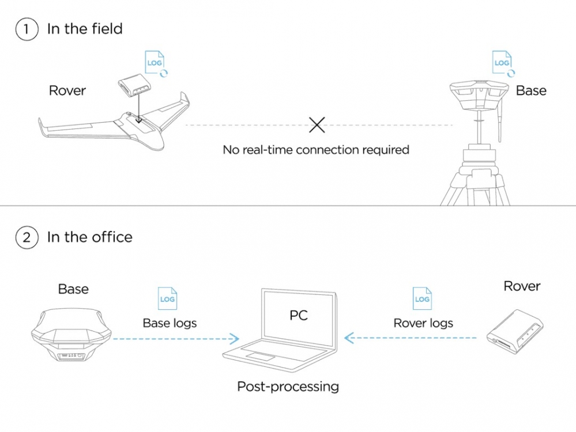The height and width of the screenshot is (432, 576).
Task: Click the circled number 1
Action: pyautogui.click(x=27, y=29)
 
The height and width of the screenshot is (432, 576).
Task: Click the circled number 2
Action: pyautogui.click(x=27, y=237)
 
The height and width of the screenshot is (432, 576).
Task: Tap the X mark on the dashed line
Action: pyautogui.click(x=317, y=124)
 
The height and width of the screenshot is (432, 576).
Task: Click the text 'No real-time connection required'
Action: pyautogui.click(x=316, y=150)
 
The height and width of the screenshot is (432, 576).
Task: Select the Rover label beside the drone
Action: pyautogui.click(x=67, y=90)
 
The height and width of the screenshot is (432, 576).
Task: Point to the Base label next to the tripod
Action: pyautogui.click(x=531, y=90)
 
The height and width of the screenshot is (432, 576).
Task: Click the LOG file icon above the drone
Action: pyautogui.click(x=155, y=63)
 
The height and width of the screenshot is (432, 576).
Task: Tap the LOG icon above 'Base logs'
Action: pyautogui.click(x=167, y=300)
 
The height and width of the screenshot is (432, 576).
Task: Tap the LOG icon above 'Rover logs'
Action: pyautogui.click(x=422, y=300)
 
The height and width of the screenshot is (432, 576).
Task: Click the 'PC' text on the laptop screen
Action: pyautogui.click(x=299, y=314)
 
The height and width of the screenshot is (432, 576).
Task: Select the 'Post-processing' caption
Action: pyautogui.click(x=288, y=386)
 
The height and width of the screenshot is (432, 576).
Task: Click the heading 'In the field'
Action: pyautogui.click(x=85, y=29)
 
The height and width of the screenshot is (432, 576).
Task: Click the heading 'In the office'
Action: pyautogui.click(x=89, y=237)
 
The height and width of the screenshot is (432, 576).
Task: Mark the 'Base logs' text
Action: pyautogui.click(x=170, y=323)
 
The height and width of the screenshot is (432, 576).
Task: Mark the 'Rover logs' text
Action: pyautogui.click(x=423, y=323)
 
